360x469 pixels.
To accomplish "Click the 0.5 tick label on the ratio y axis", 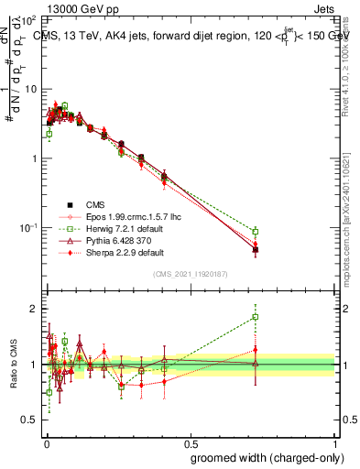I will (x=30, y=420).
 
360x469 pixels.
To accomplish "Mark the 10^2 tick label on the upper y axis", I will (x=29, y=19).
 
